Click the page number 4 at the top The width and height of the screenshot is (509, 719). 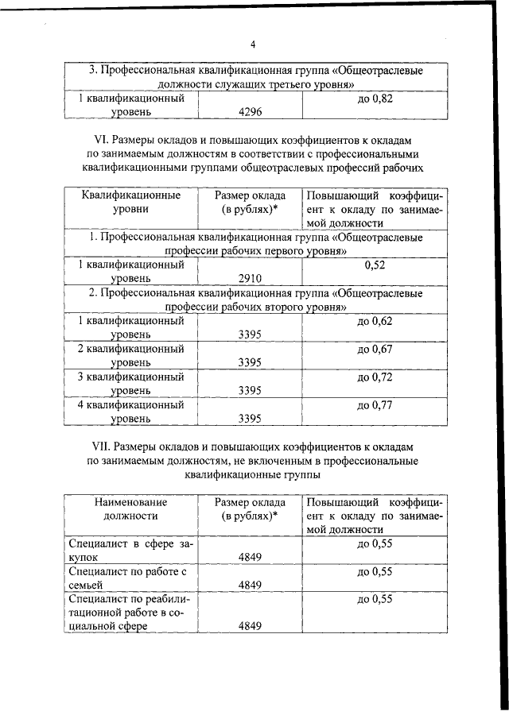(x=253, y=44)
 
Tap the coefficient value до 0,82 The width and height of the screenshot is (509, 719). (x=375, y=100)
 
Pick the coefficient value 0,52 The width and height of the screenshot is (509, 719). (x=375, y=265)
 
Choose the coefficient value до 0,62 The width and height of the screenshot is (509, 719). (x=375, y=322)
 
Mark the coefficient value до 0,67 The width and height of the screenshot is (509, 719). (x=375, y=350)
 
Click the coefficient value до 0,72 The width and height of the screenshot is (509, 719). (x=375, y=377)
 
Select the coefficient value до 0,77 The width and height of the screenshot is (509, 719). (x=375, y=405)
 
